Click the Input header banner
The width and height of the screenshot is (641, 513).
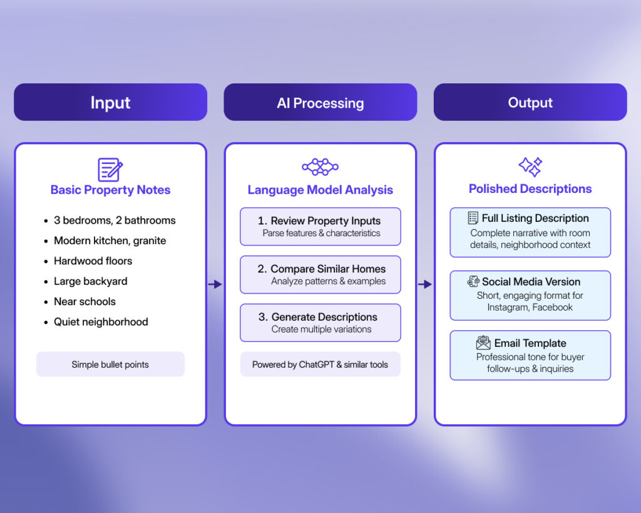click(x=110, y=102)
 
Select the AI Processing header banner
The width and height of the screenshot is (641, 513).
click(x=320, y=102)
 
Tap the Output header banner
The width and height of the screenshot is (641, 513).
click(x=530, y=102)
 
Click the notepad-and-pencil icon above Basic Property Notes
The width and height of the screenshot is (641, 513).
click(x=110, y=169)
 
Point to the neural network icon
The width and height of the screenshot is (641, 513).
click(x=320, y=167)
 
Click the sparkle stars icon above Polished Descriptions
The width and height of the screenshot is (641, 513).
click(x=530, y=167)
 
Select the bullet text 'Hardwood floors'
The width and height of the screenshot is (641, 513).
click(x=93, y=261)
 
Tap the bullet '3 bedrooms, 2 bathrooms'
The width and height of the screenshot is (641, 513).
click(x=115, y=220)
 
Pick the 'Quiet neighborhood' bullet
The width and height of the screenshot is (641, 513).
click(x=101, y=322)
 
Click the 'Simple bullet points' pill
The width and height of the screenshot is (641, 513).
click(x=110, y=364)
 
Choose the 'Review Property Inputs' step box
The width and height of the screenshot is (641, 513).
click(x=320, y=227)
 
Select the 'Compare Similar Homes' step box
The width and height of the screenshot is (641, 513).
click(x=320, y=274)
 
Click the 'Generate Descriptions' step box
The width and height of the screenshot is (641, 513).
click(x=320, y=323)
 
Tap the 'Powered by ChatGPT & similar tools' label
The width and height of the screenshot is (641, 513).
click(x=320, y=364)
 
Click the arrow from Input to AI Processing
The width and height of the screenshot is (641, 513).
click(x=215, y=284)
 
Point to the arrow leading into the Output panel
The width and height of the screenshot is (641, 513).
click(x=425, y=284)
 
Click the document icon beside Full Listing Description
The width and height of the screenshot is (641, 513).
click(x=473, y=218)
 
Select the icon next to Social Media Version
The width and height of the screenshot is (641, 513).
click(x=473, y=282)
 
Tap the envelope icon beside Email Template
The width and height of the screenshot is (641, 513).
click(x=483, y=343)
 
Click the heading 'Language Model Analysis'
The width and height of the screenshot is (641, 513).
click(x=320, y=190)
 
